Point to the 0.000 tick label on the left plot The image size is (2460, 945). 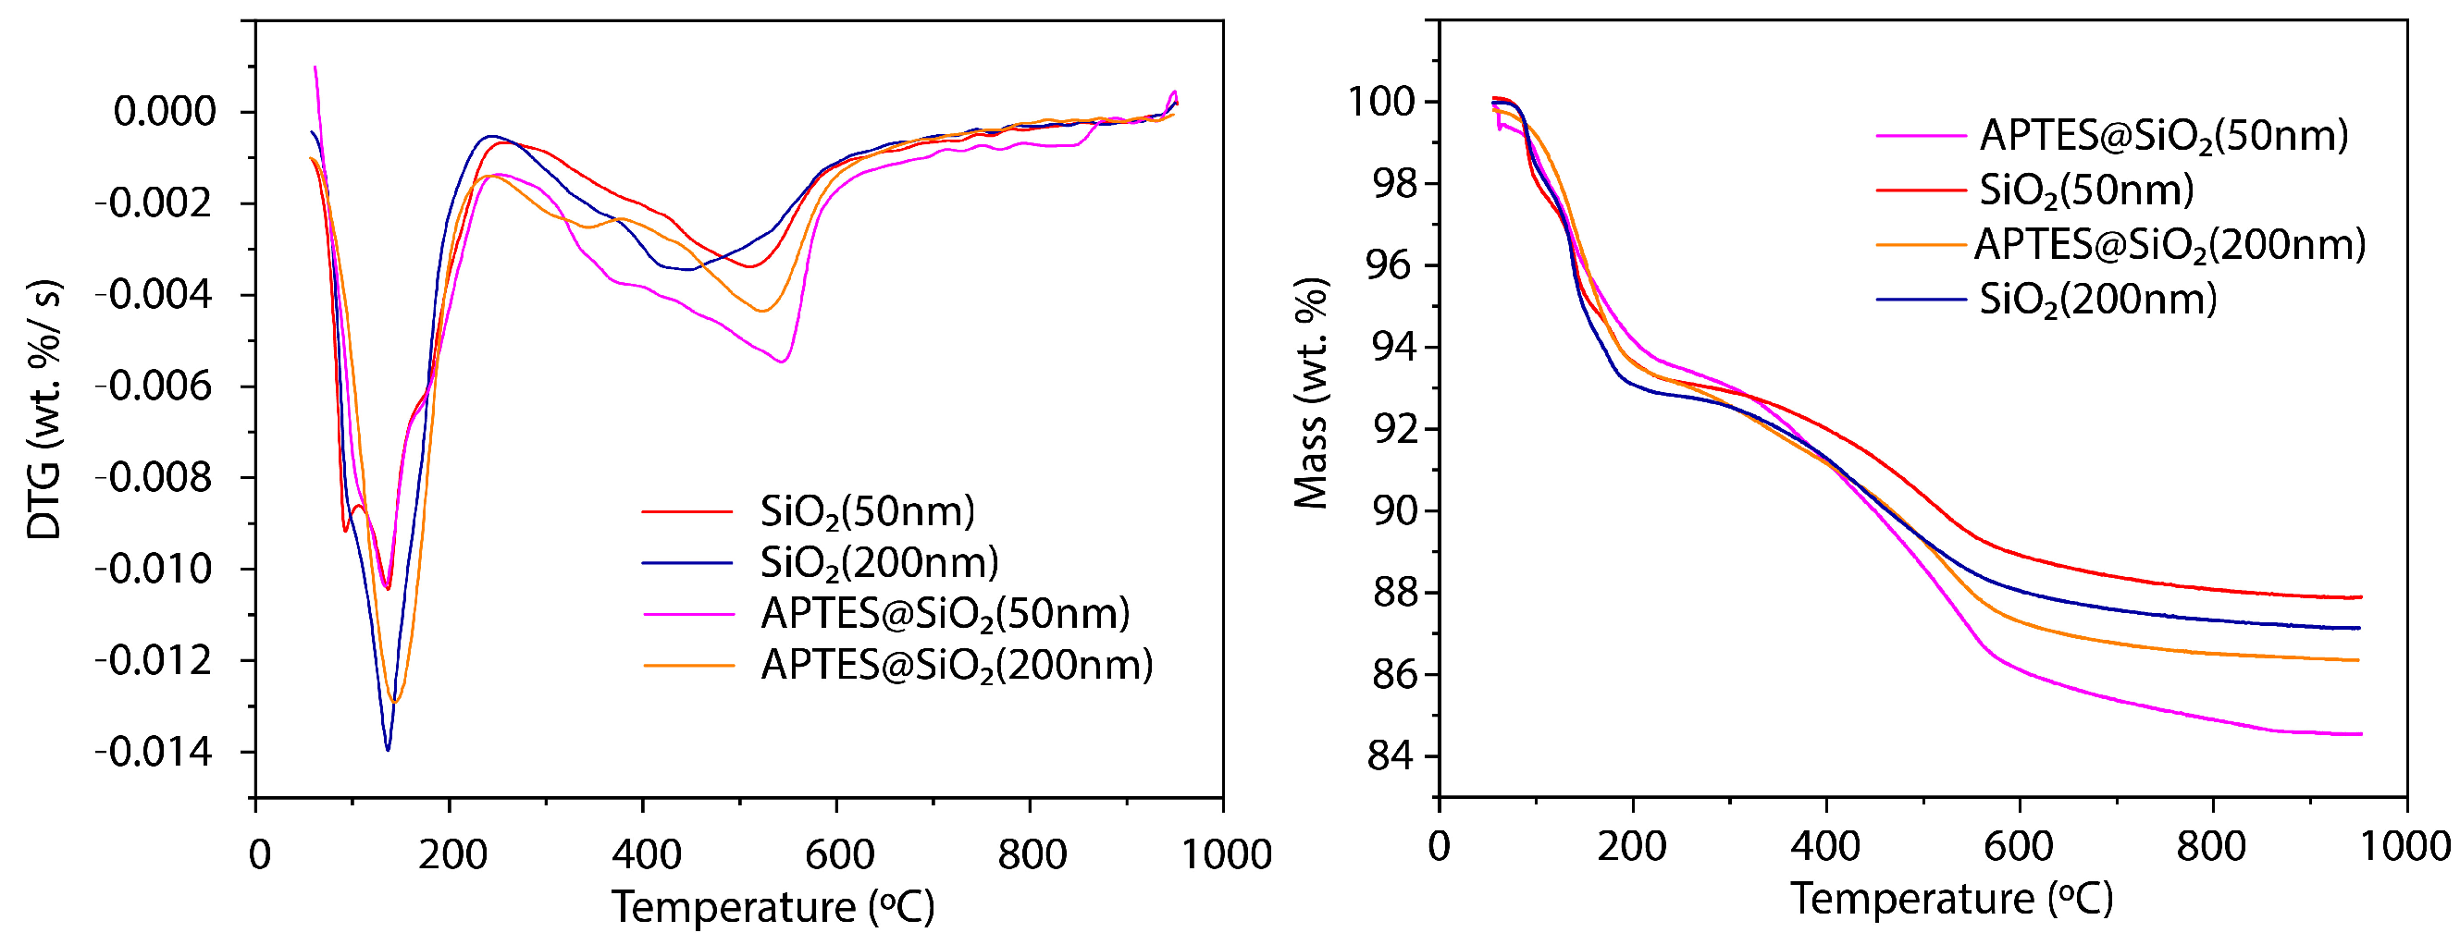[166, 112]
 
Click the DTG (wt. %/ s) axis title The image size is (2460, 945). [43, 411]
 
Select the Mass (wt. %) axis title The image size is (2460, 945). [1311, 393]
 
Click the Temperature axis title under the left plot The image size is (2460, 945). [773, 906]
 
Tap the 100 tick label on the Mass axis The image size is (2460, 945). [1381, 101]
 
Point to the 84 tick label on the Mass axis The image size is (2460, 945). [1391, 756]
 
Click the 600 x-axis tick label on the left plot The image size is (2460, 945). [838, 854]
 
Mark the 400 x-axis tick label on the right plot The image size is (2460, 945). [1825, 847]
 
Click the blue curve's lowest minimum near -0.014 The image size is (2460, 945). [388, 749]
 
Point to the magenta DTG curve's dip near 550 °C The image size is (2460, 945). [782, 361]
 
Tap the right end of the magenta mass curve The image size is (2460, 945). [2359, 734]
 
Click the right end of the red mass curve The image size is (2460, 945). [2359, 597]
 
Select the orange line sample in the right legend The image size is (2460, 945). [1920, 245]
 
